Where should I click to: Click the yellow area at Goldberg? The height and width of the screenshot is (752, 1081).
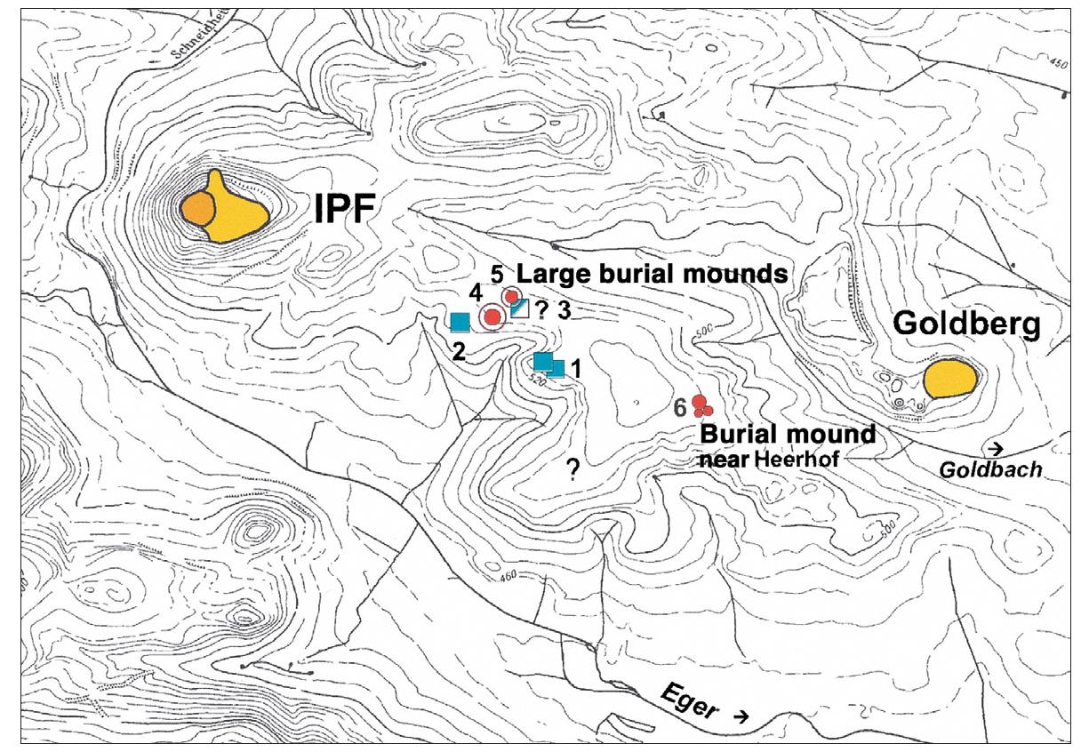point(949,380)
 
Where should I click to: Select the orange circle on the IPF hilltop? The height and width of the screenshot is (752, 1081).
point(197,210)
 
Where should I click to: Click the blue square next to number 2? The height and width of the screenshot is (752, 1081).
point(460,323)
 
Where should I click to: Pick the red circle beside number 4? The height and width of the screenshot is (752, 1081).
point(492,316)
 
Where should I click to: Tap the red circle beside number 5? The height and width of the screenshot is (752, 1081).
point(512,296)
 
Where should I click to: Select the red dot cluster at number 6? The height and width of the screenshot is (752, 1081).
point(701,407)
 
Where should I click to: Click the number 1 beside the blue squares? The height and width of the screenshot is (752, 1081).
point(575,366)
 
